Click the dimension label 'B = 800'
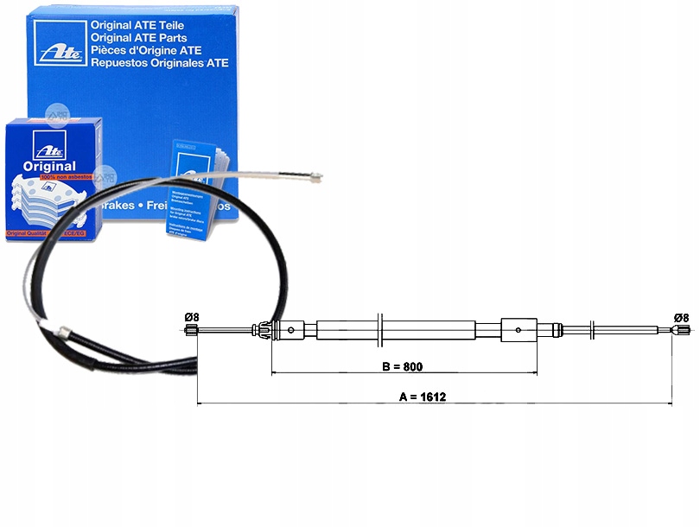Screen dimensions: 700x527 pos(402,366)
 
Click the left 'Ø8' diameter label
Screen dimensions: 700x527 pos(192,317)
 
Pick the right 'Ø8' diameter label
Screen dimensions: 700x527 pos(681,317)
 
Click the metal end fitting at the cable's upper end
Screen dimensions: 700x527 pos(314,179)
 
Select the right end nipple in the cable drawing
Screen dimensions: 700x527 pos(679,329)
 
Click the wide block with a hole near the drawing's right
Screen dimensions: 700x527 pos(519,328)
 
